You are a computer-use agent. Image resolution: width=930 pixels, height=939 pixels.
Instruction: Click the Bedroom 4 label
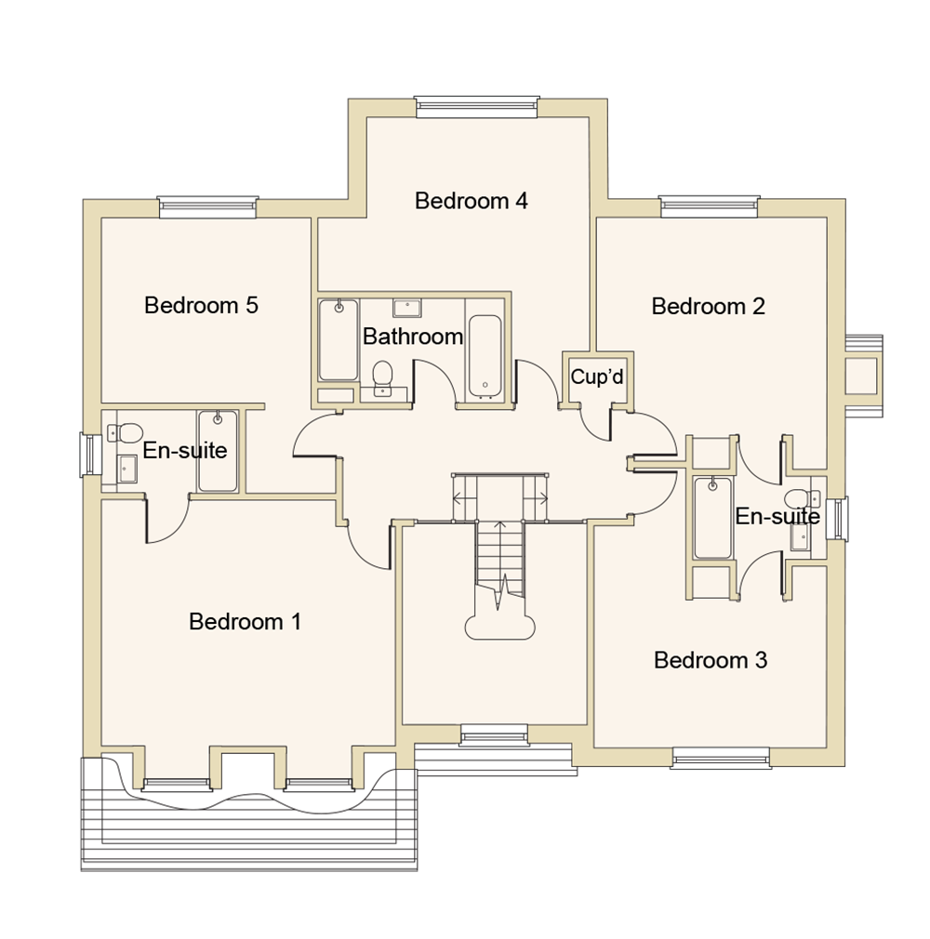472,201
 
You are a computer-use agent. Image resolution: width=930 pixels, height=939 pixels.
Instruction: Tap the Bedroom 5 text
201,305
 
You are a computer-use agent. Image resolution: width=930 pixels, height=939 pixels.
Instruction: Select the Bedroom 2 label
708,306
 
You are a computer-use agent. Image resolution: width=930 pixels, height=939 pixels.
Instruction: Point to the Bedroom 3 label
711,660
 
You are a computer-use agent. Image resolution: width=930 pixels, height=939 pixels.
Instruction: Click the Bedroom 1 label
245,621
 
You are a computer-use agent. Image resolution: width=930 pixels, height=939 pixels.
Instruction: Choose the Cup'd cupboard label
597,377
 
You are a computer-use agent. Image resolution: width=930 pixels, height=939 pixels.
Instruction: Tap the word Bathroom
412,337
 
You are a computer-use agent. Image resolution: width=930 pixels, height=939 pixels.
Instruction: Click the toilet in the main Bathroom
382,377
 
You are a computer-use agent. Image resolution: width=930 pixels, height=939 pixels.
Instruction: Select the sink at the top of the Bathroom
406,309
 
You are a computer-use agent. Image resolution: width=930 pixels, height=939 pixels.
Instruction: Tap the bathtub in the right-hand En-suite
712,517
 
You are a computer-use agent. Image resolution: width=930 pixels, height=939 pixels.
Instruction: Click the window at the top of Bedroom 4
477,108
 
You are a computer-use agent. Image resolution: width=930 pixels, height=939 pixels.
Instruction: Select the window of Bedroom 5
206,209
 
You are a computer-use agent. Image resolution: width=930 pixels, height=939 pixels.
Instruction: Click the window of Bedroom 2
710,208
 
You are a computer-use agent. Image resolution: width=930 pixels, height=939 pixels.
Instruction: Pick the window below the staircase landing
494,736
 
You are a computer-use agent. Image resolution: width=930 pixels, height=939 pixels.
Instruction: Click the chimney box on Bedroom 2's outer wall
861,377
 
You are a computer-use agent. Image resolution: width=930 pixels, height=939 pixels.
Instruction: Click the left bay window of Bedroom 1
177,784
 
